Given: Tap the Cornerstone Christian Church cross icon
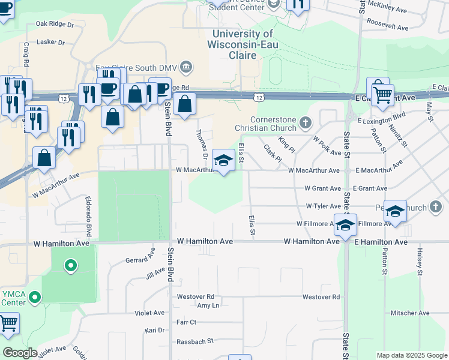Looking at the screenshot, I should click(x=306, y=123).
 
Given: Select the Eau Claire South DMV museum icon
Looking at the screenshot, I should click(x=185, y=66).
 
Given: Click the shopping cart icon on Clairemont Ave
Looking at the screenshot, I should click(x=382, y=94).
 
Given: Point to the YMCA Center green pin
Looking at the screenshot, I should click(x=35, y=296).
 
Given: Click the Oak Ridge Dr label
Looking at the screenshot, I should click(x=54, y=25).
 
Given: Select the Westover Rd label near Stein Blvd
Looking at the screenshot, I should click(x=195, y=296).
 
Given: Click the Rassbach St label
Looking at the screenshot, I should click(x=194, y=341).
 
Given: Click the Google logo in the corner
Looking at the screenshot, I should click(x=20, y=353).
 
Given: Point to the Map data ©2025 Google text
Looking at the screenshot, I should click(x=411, y=355).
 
